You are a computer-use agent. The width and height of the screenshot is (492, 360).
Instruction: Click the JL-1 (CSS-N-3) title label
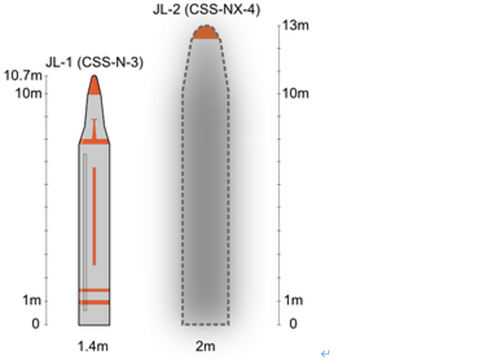(95, 62)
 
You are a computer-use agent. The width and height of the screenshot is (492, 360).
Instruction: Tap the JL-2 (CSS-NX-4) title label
(207, 10)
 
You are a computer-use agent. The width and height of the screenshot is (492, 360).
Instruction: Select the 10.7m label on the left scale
(23, 76)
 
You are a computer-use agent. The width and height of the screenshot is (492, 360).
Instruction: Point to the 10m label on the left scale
(28, 93)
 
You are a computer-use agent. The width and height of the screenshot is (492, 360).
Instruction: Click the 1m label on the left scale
(32, 300)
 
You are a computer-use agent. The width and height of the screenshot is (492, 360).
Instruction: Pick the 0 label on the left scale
(36, 324)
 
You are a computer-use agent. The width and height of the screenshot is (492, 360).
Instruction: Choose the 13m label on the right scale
(296, 25)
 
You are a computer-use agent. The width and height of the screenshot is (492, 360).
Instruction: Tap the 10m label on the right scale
(296, 93)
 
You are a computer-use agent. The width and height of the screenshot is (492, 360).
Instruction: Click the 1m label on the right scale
(293, 300)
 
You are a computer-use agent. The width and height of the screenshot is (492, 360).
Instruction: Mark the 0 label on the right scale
(293, 324)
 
